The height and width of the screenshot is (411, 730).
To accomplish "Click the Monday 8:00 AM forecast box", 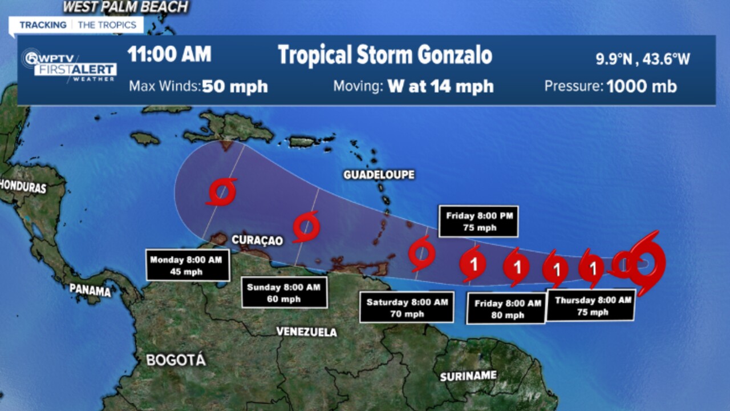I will click(x=188, y=265).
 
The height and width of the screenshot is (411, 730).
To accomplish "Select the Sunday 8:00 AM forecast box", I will click(x=283, y=293).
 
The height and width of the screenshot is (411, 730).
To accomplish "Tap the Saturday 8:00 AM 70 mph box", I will click(x=407, y=307).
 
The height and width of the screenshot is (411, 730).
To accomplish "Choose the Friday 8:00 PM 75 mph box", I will click(x=478, y=221).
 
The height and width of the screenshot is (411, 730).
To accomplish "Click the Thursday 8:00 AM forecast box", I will click(x=591, y=305).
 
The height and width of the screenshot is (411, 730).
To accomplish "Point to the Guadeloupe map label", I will click(x=379, y=175).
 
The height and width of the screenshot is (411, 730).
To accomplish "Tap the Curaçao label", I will click(x=257, y=240).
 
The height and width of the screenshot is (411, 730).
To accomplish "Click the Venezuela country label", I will click(x=306, y=332).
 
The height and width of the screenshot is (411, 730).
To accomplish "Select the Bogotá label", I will click(x=176, y=360).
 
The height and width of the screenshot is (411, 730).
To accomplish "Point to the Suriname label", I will click(x=468, y=376).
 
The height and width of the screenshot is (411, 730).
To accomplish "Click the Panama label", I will click(x=90, y=290).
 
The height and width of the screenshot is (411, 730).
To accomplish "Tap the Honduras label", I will click(x=23, y=186).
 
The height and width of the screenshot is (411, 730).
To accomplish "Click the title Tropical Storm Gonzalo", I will click(x=385, y=55).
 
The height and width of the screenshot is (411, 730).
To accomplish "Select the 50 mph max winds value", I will click(x=235, y=86).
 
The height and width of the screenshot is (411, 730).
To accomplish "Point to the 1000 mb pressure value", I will click(x=642, y=86).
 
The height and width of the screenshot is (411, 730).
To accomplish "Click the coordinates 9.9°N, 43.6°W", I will click(x=643, y=59).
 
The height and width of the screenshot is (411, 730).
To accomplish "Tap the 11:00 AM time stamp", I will click(x=169, y=54).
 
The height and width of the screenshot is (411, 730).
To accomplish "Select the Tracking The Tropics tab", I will click(x=78, y=25).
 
